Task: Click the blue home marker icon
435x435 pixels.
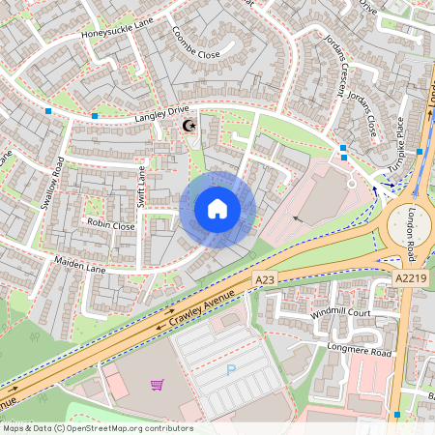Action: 217,209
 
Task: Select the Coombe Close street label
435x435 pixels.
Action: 195,44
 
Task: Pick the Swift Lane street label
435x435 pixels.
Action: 141,186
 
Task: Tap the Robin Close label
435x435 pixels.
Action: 111,225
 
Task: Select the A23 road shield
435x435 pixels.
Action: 265,279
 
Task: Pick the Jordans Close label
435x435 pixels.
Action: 363,114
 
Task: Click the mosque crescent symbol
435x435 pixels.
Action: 189,125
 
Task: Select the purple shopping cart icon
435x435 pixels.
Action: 157,385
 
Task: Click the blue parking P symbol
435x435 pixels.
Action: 230,369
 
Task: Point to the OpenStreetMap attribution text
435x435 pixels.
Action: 98,428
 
